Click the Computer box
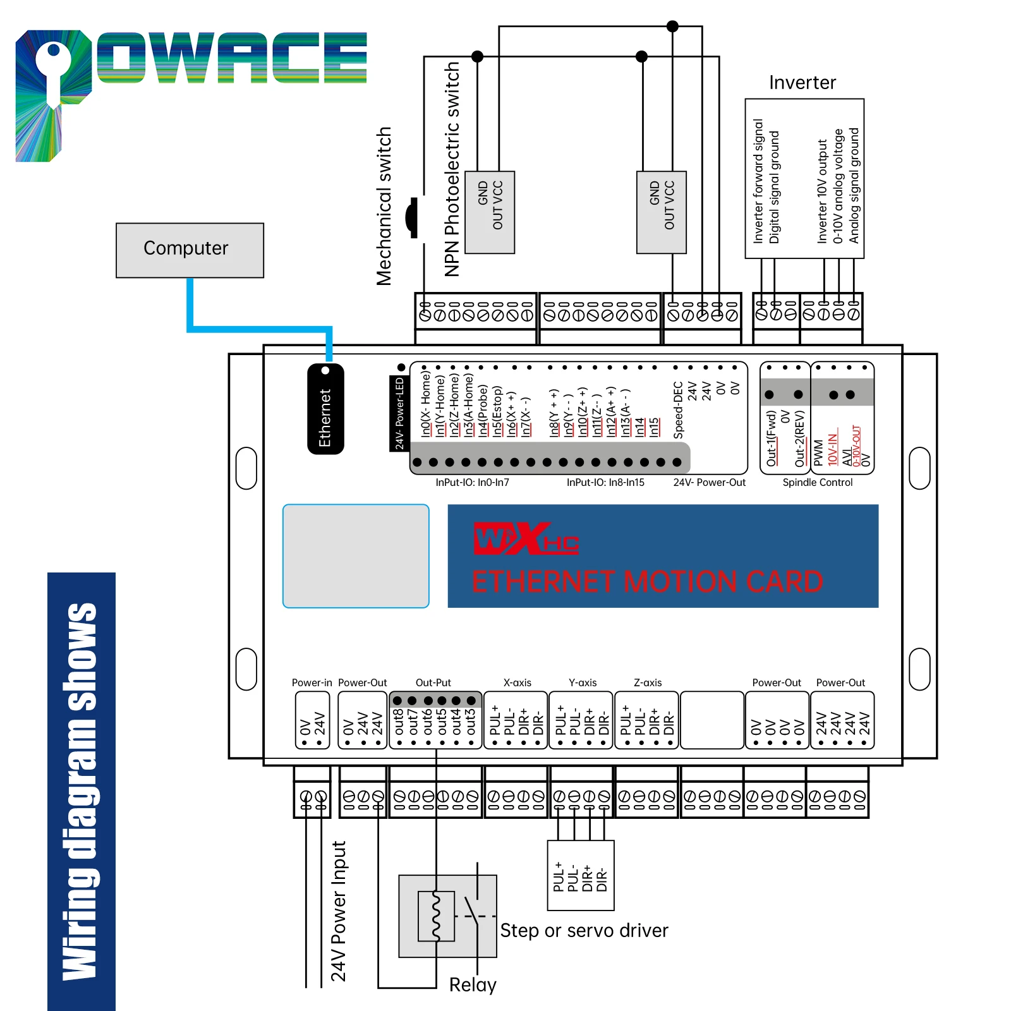(x=190, y=250)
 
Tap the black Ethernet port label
(x=325, y=409)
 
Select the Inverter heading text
(x=802, y=83)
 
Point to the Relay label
(x=473, y=984)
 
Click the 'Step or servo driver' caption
(x=584, y=930)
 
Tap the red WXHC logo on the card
(x=526, y=539)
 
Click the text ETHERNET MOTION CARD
(x=648, y=582)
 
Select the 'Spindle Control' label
(x=818, y=483)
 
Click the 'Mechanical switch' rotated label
(x=384, y=207)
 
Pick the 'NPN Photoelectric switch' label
(x=452, y=169)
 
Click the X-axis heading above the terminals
(x=518, y=682)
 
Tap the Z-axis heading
(x=648, y=682)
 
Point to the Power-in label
(x=312, y=682)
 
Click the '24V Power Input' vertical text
(x=339, y=911)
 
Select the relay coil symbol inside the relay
(x=436, y=916)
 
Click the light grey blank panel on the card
(x=356, y=556)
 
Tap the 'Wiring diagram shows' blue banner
(x=82, y=791)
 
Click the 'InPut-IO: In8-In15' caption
(x=605, y=483)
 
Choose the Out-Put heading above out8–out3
(x=433, y=682)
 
